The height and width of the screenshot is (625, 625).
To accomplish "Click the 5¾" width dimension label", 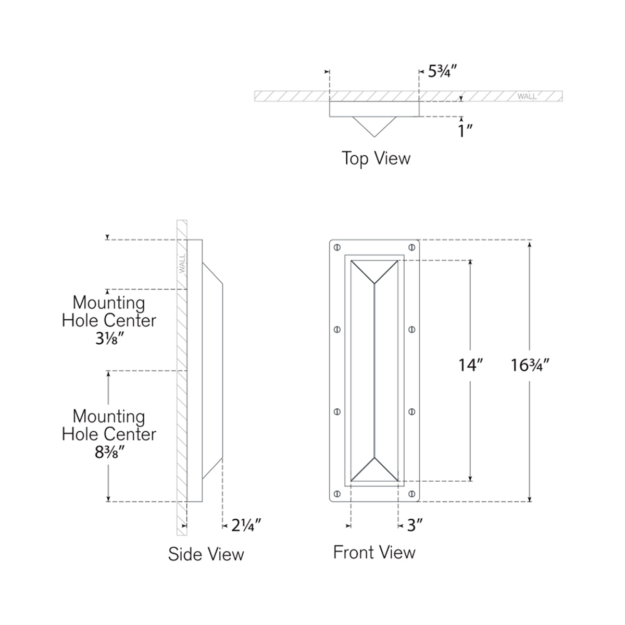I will (442, 71).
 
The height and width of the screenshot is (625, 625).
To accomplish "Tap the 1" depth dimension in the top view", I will (465, 130).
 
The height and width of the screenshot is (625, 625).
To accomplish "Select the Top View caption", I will (376, 158).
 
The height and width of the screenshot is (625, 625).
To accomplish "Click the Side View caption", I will (206, 554).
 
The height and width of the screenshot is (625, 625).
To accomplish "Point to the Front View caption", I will (374, 552).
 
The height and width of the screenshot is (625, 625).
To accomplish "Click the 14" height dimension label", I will (471, 366).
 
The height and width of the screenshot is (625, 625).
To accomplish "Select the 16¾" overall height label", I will (530, 366).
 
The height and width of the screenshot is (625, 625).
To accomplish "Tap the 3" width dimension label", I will (414, 526).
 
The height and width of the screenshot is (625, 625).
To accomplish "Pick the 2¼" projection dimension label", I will (245, 526).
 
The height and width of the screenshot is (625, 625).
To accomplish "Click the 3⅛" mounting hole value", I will (109, 339).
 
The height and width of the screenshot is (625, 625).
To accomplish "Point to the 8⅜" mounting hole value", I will (109, 452).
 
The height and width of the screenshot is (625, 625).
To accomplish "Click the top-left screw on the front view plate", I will (337, 246).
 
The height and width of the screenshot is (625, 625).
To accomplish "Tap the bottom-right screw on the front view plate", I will (412, 493).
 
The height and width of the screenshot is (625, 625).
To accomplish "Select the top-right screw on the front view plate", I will (412, 246).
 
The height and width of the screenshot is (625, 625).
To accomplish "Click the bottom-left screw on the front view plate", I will (337, 493).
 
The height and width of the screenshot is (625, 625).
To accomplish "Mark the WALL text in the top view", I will (527, 96).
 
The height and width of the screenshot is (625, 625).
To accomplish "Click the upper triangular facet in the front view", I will (374, 270).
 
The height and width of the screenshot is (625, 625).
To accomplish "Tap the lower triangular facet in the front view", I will (374, 470).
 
